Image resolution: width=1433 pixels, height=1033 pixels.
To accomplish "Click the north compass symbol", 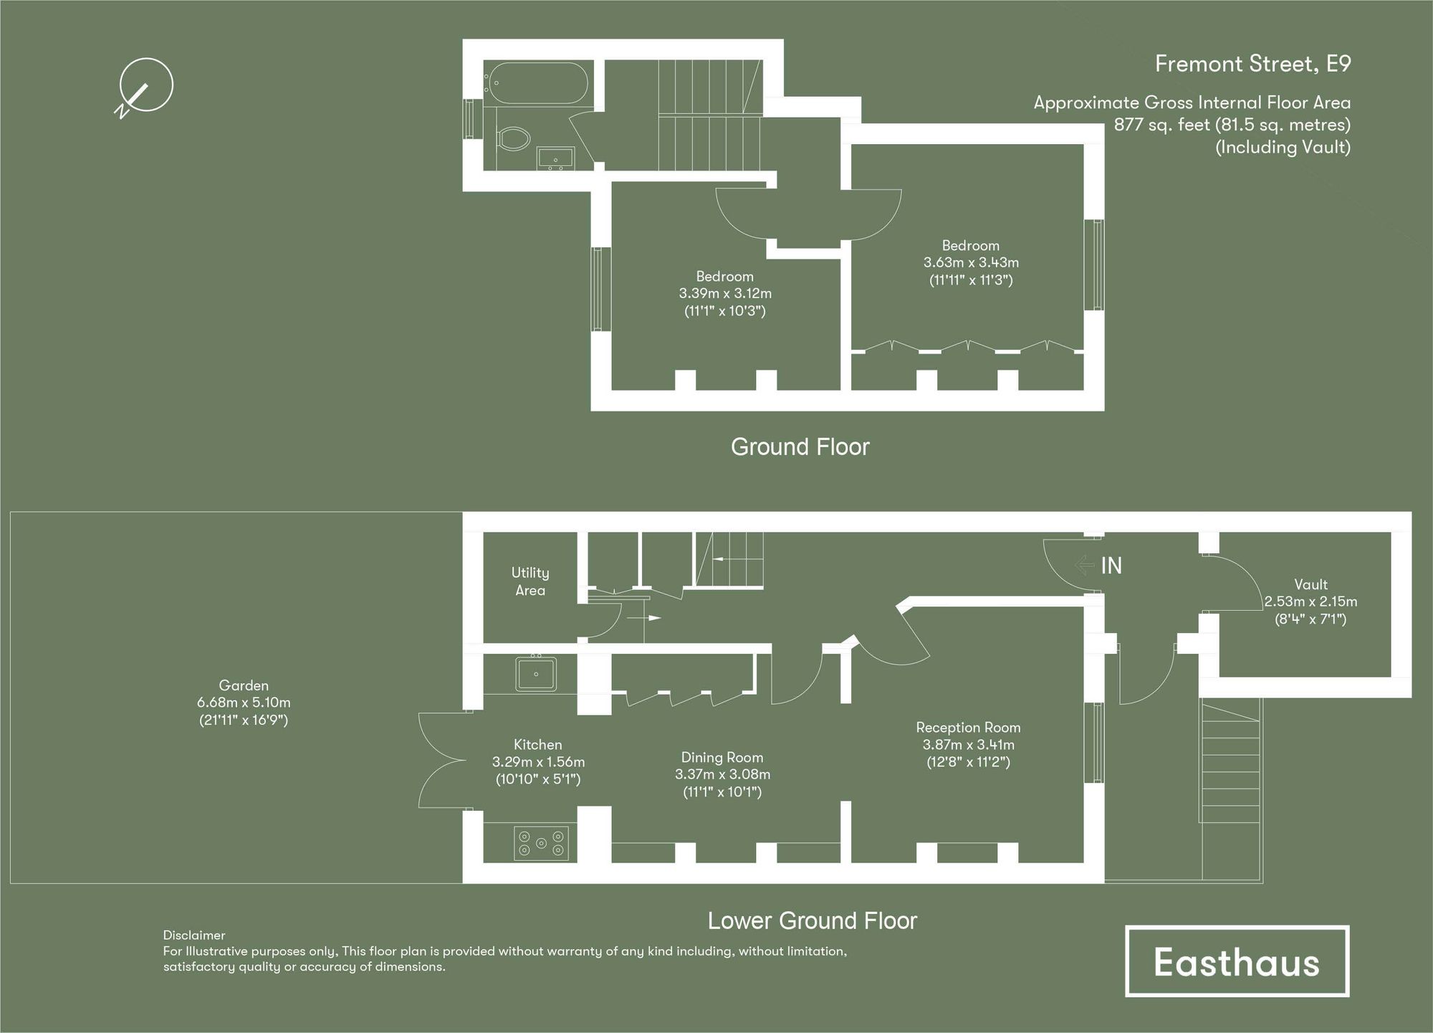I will pos(145,86).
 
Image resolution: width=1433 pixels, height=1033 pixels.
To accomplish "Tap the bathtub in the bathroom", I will pos(536,82).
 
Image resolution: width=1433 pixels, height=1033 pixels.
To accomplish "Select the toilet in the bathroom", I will pos(513,137).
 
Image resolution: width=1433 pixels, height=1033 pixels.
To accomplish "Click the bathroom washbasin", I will pos(555,158).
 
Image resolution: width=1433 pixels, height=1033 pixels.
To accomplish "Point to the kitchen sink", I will pos(535,674).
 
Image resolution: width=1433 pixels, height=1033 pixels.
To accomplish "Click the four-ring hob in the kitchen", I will pos(542,843).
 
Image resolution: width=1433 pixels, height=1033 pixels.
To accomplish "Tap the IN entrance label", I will pos(1111,566).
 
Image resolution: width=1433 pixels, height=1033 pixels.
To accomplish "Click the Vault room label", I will pos(1310,584).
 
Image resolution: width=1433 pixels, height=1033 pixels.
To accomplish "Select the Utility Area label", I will pos(530,581).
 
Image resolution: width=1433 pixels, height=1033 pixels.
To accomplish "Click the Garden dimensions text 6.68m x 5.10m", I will pos(244,703).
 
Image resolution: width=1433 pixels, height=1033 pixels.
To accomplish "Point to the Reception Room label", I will pos(968,727).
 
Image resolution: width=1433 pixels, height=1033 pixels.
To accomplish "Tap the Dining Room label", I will pos(722,757).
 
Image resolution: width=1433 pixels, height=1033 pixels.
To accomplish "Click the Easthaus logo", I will pos(1237,961).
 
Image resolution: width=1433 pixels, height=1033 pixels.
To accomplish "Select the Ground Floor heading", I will pos(800,447).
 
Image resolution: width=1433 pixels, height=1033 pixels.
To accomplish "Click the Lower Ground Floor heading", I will pos(812,920).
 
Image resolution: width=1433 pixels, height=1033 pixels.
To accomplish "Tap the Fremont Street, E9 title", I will pos(1252,64).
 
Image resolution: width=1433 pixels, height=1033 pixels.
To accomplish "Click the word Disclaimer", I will pos(193,935).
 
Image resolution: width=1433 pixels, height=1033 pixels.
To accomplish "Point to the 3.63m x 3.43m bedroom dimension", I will pos(971,262).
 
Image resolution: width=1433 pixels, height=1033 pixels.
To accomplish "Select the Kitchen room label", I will pos(537,744).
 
